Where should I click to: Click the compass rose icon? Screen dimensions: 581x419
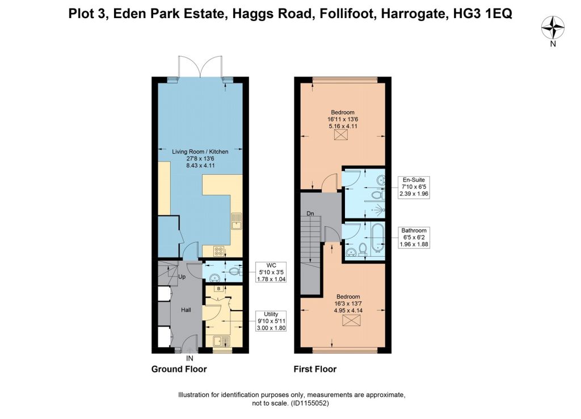coord(553,28)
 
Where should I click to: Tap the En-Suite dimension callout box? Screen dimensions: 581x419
coord(414,187)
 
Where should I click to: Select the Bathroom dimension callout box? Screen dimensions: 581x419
coord(414,237)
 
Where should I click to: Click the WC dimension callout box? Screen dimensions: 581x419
coord(271,272)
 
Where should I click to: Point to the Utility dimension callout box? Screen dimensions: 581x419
coord(271,321)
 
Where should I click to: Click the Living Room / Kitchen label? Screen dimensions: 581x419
coord(200,151)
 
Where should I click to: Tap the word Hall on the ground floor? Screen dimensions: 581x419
coord(186,310)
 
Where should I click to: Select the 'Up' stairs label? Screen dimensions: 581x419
coord(182,277)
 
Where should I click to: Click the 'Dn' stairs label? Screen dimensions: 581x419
coord(310,214)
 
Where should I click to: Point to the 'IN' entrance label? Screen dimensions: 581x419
coord(190,358)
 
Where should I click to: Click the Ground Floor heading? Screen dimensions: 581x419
coord(179,369)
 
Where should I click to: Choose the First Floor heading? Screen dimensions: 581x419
coord(315,369)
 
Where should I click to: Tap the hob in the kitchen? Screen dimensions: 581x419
coord(218,252)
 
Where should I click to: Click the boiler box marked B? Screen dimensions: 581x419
coord(218,289)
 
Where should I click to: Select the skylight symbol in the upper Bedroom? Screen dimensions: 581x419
coord(339,135)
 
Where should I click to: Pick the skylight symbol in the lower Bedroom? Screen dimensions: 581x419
coord(349,320)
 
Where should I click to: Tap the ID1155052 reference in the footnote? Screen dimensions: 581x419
coord(310,403)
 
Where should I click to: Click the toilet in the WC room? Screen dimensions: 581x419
coord(234,272)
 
